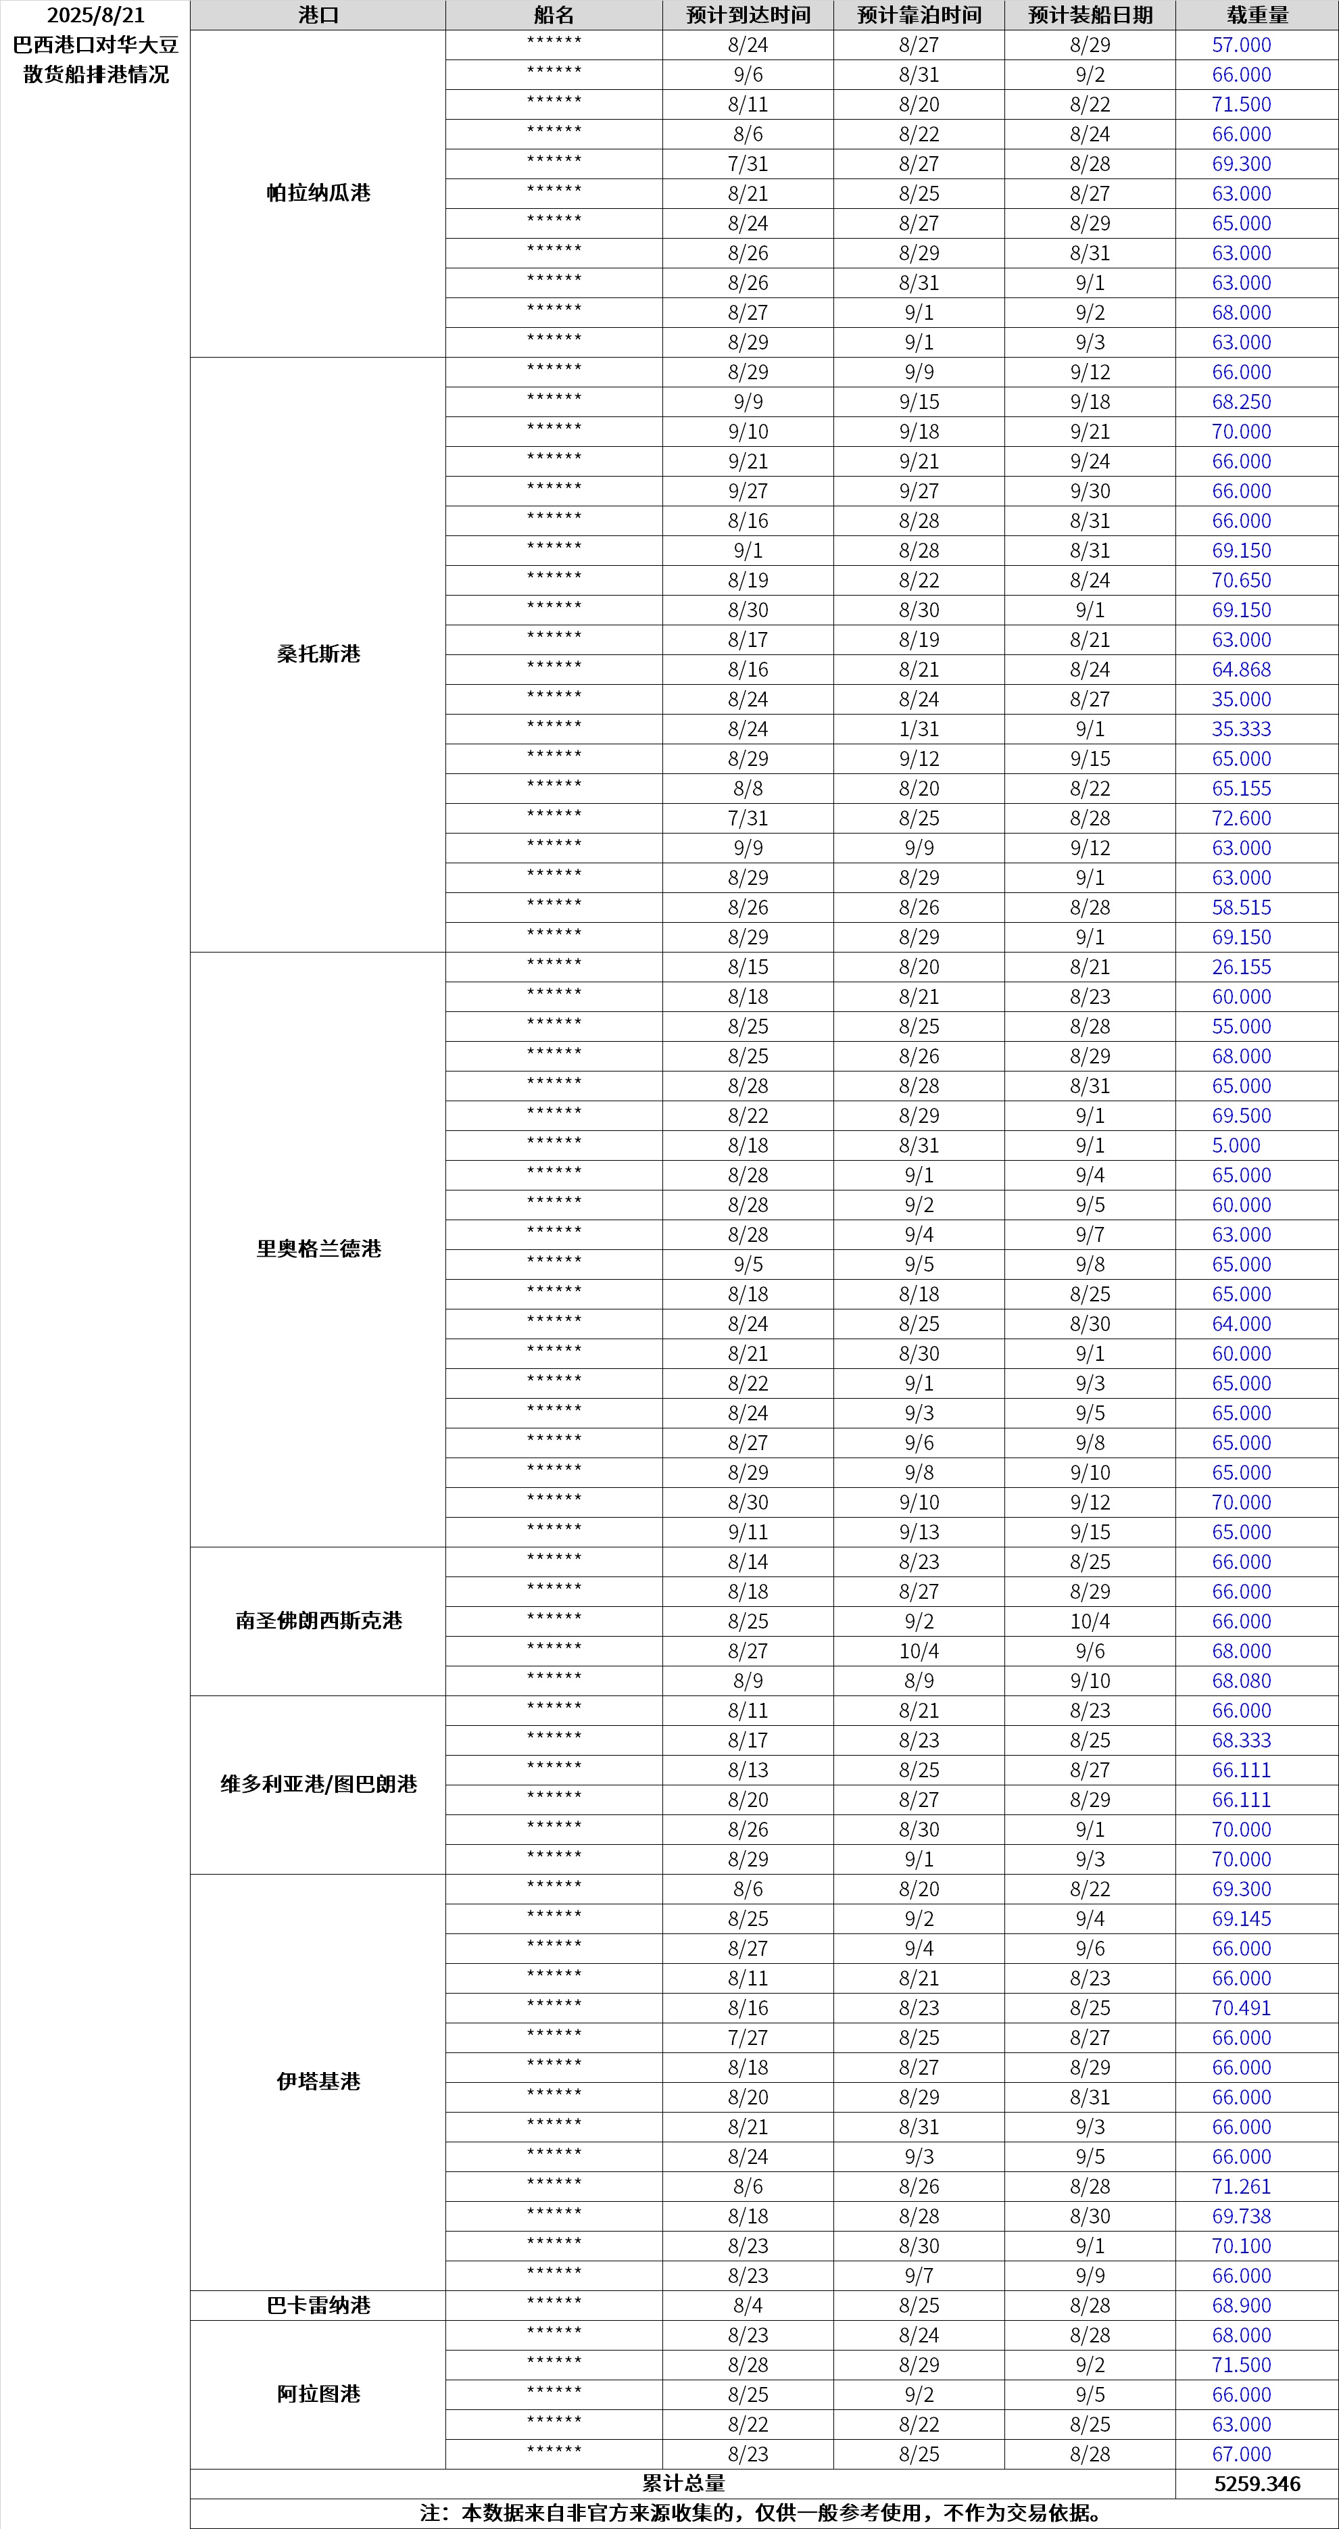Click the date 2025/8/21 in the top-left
click(x=95, y=16)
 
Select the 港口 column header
click(x=318, y=16)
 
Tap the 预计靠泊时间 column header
click(x=919, y=16)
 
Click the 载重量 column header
click(x=1257, y=16)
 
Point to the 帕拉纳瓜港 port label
click(x=318, y=193)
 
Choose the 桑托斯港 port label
click(x=318, y=654)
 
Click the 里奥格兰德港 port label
click(x=318, y=1249)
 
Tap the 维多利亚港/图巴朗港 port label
click(x=318, y=1784)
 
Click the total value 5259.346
click(x=1257, y=2483)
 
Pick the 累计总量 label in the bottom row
click(x=683, y=2483)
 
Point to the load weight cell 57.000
click(x=1241, y=45)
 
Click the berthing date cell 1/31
click(x=919, y=729)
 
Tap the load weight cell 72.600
click(x=1241, y=818)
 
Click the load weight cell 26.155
click(x=1241, y=967)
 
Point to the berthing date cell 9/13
click(x=919, y=1532)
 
